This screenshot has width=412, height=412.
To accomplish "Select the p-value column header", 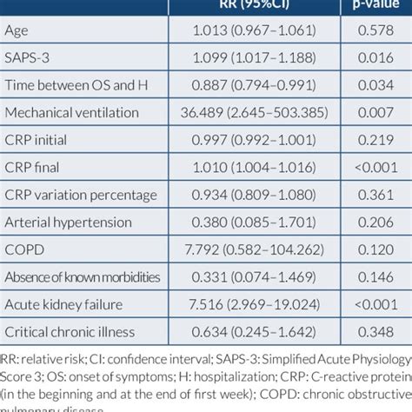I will tap(375, 4).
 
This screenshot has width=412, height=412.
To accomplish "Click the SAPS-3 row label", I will tap(29, 57).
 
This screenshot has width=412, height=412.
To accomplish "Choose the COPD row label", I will tap(24, 249).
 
